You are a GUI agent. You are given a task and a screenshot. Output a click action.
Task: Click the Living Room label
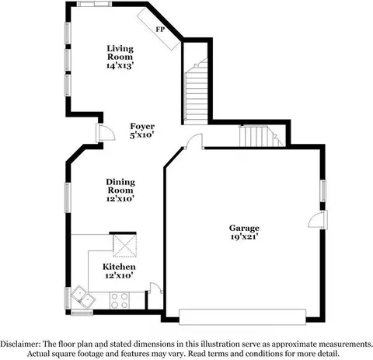coord(120,51)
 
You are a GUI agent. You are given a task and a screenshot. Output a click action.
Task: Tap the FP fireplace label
coord(160,29)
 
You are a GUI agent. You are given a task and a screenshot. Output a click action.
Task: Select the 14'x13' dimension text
coord(120,66)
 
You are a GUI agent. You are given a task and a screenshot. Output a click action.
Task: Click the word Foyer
coord(142,126)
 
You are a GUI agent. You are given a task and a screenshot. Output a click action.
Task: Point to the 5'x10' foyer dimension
coord(142,135)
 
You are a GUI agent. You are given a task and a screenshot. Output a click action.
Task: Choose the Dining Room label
coord(120,186)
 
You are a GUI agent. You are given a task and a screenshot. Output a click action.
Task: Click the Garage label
coord(243,228)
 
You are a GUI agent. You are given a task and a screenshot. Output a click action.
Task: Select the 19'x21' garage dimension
coord(243,237)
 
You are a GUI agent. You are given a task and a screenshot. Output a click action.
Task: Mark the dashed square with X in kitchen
coord(124,246)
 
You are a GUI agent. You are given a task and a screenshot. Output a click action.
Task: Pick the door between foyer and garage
coord(194,142)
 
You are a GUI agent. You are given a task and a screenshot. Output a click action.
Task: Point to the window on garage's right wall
coord(322,190)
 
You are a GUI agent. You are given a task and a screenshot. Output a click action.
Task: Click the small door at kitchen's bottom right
coord(155,289)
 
